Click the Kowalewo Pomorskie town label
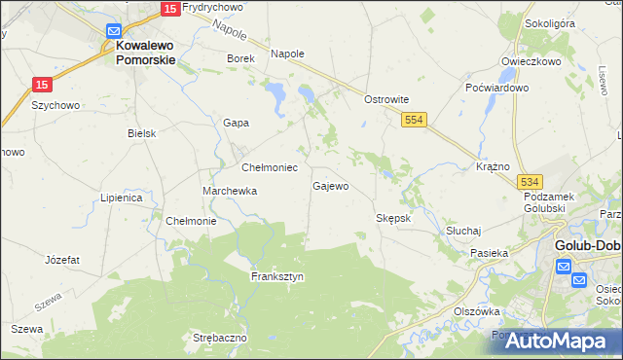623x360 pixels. point(145,52)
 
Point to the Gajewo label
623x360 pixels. point(330,185)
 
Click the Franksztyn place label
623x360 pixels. point(277,276)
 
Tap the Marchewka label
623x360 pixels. point(230,191)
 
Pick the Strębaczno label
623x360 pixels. point(220,337)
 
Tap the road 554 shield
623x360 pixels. point(415,118)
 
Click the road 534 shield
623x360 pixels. point(530,182)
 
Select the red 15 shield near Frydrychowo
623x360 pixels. point(169,8)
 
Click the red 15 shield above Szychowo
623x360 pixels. point(41,86)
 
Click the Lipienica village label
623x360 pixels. point(122,198)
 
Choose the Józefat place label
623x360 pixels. point(61,260)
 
